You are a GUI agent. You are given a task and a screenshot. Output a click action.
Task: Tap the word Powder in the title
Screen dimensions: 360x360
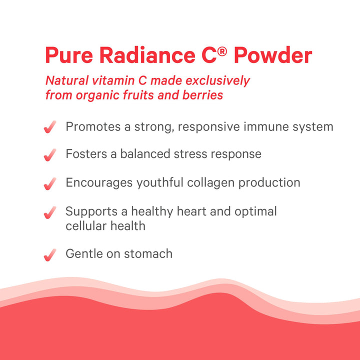273,55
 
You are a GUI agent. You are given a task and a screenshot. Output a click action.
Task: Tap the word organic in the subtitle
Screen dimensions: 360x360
111,94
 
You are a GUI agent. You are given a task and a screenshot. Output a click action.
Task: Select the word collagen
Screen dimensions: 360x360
210,182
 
